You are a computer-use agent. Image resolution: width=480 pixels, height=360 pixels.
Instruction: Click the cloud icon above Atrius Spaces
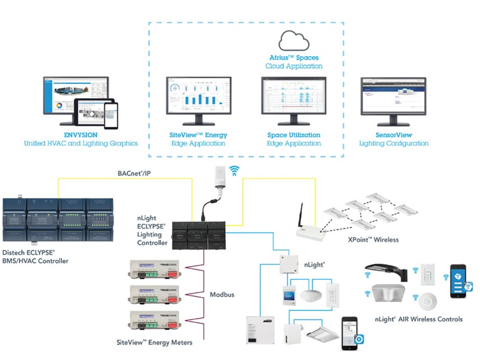click(293, 40)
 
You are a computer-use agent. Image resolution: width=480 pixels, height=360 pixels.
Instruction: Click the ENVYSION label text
click(81, 135)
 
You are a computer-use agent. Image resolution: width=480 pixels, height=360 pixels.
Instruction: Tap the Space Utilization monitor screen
click(293, 97)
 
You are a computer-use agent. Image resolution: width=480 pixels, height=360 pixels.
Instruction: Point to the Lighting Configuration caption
click(393, 144)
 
